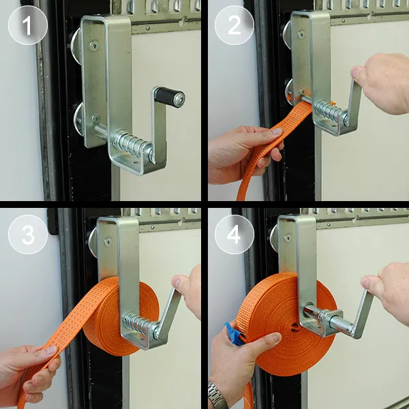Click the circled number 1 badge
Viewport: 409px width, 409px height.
click(28, 25)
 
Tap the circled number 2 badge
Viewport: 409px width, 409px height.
click(234, 25)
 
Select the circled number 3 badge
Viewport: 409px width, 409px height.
click(28, 234)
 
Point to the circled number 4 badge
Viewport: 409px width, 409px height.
click(234, 234)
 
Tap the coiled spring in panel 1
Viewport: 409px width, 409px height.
click(128, 142)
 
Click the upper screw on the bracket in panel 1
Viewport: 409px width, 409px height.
click(94, 46)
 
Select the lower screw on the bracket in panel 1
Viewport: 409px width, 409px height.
click(95, 119)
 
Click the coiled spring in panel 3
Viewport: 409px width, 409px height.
click(136, 324)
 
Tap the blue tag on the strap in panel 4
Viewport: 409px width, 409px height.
click(234, 335)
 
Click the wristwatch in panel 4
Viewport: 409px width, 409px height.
click(217, 395)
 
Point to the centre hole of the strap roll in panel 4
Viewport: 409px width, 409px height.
click(295, 327)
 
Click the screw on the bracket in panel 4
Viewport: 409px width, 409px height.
click(288, 238)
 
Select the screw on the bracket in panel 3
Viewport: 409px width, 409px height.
click(108, 242)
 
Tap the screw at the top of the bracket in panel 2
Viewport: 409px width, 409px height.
click(301, 35)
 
